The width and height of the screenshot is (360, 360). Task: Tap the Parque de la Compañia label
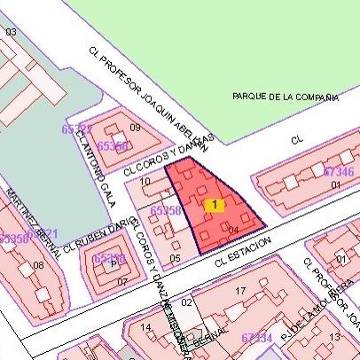pyautogui.click(x=286, y=96)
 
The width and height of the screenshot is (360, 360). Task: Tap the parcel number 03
pyautogui.click(x=11, y=32)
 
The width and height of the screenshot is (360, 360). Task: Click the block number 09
pyautogui.click(x=135, y=128)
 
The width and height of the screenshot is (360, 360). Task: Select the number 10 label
pyautogui.click(x=145, y=182)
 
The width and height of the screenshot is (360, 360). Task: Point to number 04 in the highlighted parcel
pyautogui.click(x=233, y=230)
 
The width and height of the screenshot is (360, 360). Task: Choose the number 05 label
pyautogui.click(x=175, y=258)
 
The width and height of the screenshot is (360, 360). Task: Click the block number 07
pyautogui.click(x=122, y=282)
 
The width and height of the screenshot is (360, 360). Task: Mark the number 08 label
pyautogui.click(x=38, y=265)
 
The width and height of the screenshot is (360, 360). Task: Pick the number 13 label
pyautogui.click(x=334, y=337)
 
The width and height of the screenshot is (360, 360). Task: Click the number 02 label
pyautogui.click(x=186, y=303)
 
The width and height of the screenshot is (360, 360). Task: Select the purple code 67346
pyautogui.click(x=339, y=170)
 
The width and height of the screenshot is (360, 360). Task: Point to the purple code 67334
pyautogui.click(x=256, y=337)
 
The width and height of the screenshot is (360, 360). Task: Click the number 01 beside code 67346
pyautogui.click(x=335, y=184)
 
